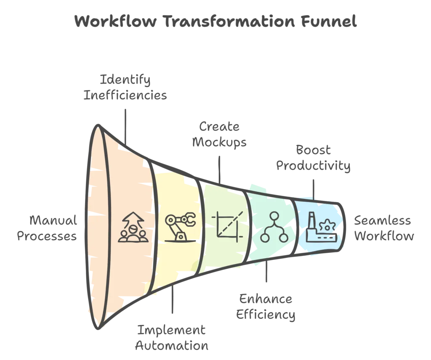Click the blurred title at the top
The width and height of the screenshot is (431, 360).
(215, 23)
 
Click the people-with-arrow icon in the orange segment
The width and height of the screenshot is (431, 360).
(132, 228)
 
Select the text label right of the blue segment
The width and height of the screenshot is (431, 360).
(383, 228)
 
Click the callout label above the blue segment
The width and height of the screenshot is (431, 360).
(314, 160)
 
